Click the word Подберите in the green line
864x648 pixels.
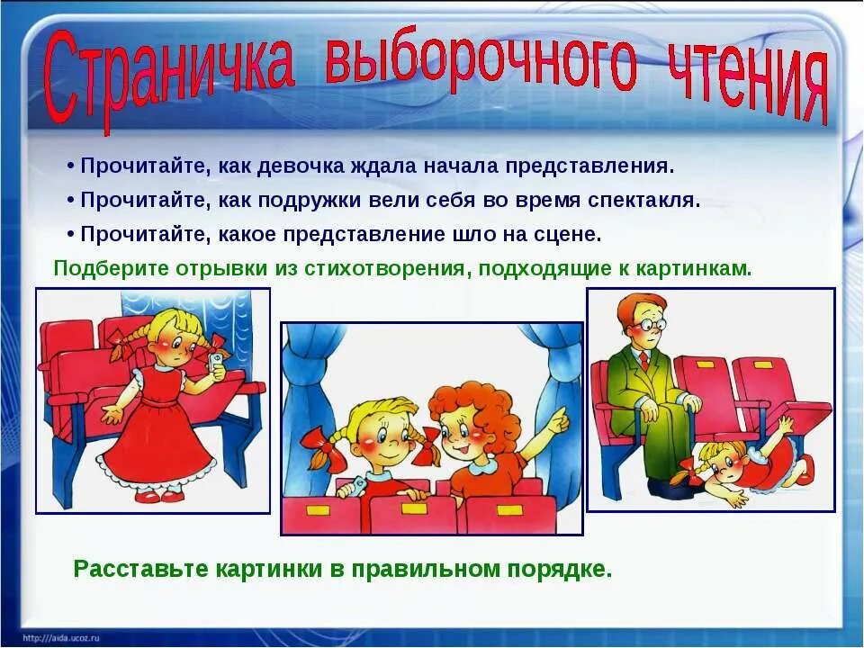pos(99,268)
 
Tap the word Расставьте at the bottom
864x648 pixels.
pos(139,569)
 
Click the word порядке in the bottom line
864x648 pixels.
pos(562,569)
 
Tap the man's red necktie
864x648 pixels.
pos(643,361)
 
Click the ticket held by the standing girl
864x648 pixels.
pos(216,360)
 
